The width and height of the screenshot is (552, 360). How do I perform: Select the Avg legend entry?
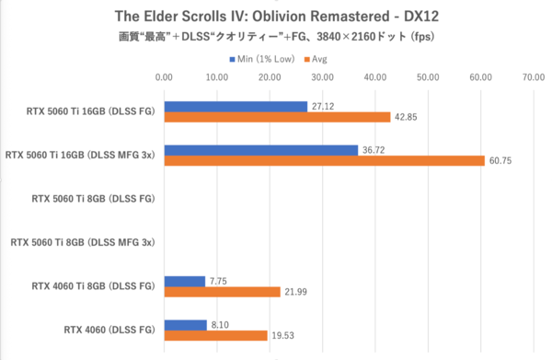pyautogui.click(x=316, y=59)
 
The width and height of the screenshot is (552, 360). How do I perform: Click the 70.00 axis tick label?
pyautogui.click(x=534, y=77)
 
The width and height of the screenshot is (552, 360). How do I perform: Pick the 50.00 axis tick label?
pyautogui.click(x=428, y=77)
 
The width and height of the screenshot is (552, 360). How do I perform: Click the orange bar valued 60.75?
pyautogui.click(x=324, y=161)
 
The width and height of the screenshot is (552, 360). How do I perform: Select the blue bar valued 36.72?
pyautogui.click(x=260, y=150)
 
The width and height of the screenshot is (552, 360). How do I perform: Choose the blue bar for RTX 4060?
pyautogui.click(x=185, y=325)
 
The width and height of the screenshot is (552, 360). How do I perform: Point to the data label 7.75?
pyautogui.click(x=219, y=281)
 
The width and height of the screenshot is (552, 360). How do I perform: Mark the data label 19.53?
pyautogui.click(x=282, y=336)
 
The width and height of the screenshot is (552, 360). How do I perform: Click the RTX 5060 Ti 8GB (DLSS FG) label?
pyautogui.click(x=92, y=198)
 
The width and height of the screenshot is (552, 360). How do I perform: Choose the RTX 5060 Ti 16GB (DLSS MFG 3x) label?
pyautogui.click(x=78, y=156)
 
